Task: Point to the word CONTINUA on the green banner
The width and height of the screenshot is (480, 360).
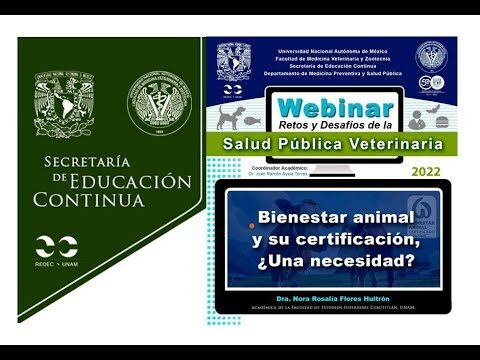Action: [88, 199]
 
